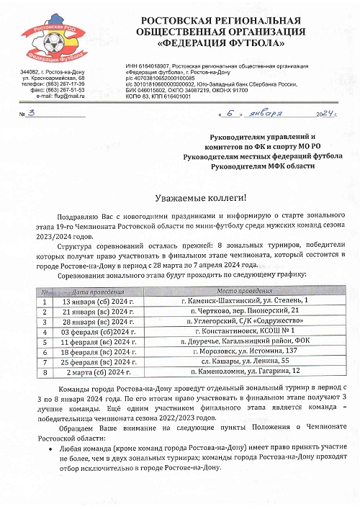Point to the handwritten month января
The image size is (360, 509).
click(x=266, y=114)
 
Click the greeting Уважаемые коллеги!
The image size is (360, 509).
click(x=201, y=199)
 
